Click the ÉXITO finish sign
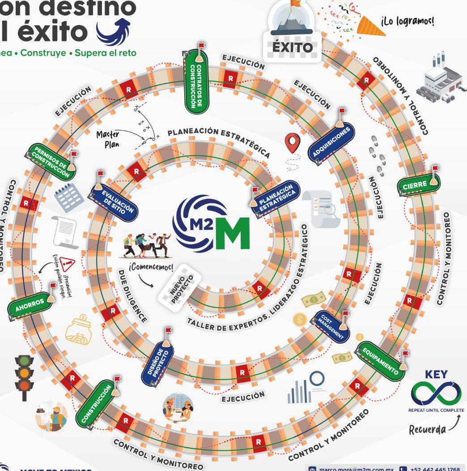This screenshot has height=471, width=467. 293,47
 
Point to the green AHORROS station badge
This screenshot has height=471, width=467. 30,305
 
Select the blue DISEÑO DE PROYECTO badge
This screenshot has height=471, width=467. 158,363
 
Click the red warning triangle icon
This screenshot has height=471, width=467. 68,264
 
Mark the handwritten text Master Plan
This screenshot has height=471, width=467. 108,139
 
